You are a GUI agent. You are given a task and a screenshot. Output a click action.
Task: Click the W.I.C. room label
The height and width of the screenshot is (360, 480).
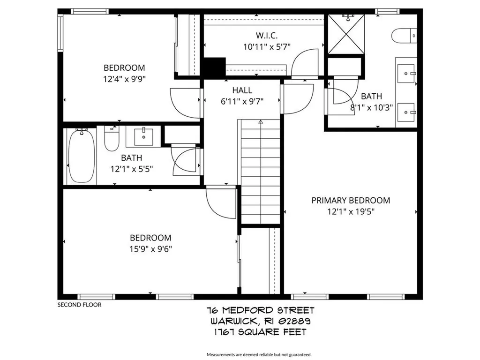pos(267,35)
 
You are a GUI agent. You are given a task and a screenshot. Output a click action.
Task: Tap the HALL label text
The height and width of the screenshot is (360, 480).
pos(242,90)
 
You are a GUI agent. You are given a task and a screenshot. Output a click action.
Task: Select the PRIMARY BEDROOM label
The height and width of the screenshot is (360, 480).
pos(351,201)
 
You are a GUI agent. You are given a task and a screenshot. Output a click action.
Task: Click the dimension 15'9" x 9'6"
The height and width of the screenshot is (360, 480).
pos(150,249)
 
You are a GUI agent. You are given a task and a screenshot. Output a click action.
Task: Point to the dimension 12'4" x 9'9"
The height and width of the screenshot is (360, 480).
pos(124,79)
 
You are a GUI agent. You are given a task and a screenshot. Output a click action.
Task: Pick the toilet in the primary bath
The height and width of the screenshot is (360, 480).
pos(405,35)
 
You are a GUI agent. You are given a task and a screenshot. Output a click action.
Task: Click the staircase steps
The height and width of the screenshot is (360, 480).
pos(261,173)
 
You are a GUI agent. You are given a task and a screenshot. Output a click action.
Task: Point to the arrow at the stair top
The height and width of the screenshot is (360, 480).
pos(261,123)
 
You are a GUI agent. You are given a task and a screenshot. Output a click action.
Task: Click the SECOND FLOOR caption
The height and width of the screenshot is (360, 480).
pos(79,305)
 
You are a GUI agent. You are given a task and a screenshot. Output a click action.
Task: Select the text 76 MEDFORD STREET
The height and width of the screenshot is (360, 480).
pos(261,310)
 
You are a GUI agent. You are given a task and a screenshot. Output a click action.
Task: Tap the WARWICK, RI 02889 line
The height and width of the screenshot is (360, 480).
pos(261,321)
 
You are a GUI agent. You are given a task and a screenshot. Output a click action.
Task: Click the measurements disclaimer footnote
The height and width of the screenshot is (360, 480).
pos(259,354)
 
